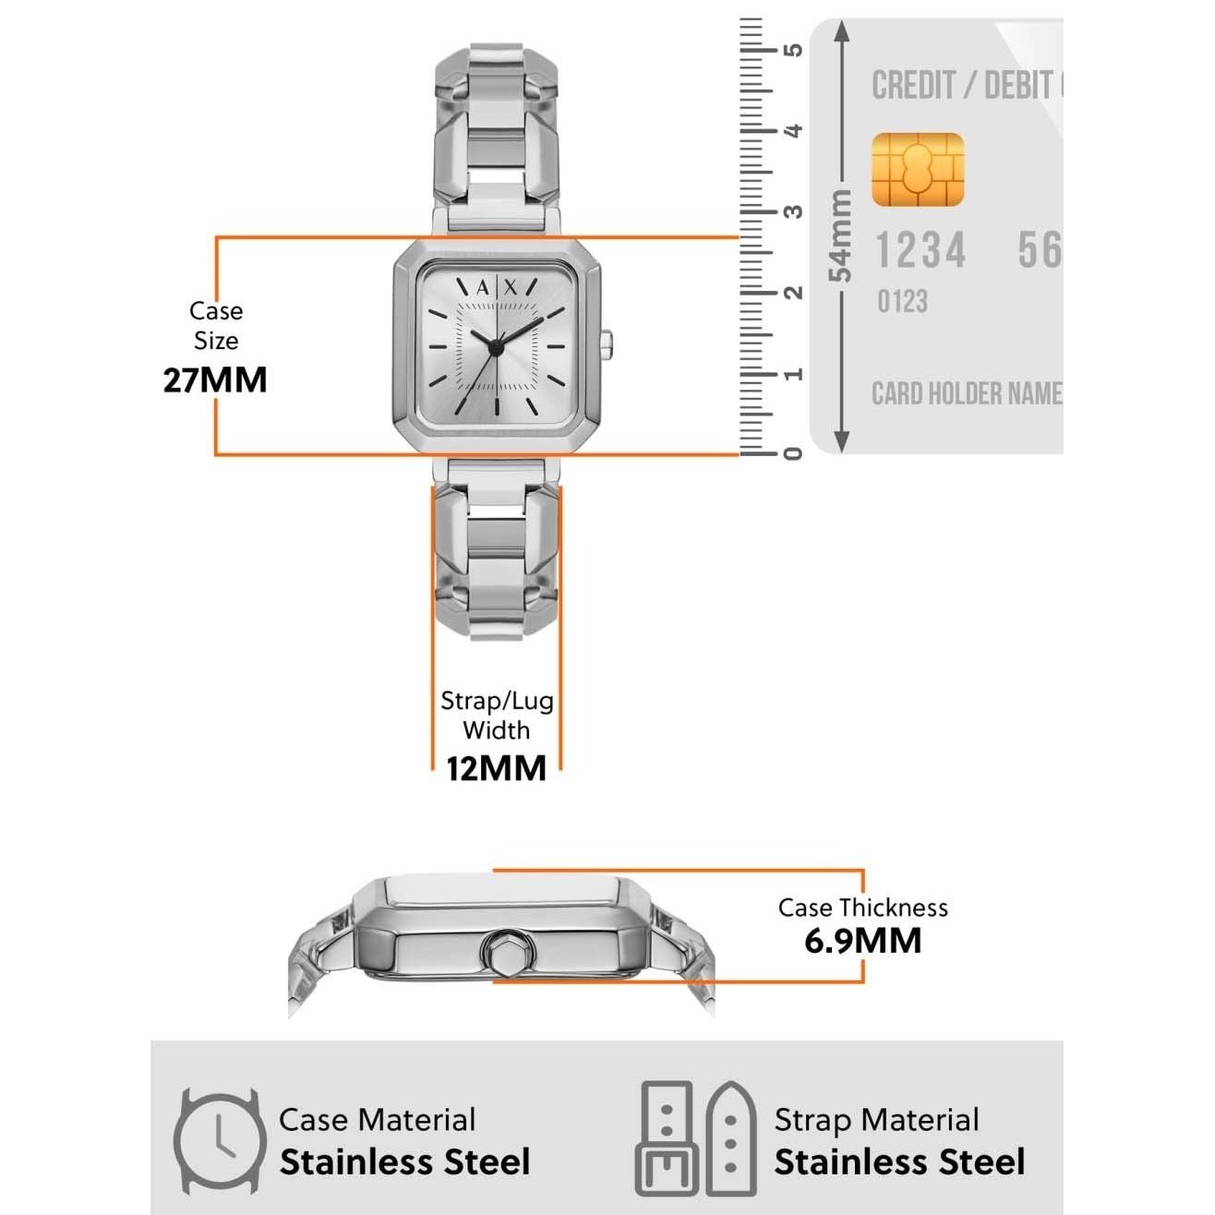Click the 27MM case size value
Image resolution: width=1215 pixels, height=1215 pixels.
[x=215, y=380]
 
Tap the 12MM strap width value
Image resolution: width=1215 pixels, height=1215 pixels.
[x=496, y=768]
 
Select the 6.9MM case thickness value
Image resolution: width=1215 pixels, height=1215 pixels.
[x=862, y=941]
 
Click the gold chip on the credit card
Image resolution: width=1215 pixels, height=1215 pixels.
[x=918, y=169]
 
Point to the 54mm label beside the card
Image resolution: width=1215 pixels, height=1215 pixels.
[x=839, y=235]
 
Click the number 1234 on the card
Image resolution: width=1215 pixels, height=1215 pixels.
[x=920, y=251]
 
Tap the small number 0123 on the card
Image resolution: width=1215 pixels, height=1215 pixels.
[x=902, y=301]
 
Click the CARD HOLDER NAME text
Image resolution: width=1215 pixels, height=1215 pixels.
[x=966, y=394]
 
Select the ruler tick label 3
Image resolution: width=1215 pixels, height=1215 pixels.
[x=792, y=211]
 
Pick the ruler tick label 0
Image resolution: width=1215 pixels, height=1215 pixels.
[x=792, y=453]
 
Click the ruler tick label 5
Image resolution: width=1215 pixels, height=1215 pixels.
[x=792, y=50]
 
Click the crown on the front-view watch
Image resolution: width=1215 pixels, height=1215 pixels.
[x=607, y=345]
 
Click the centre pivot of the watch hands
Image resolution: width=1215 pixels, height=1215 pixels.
[x=496, y=347]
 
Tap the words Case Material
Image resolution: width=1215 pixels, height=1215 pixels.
[x=377, y=1120]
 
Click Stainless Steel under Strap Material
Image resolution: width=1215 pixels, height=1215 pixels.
[x=899, y=1162]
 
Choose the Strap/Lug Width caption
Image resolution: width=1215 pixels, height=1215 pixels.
[x=497, y=716]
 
